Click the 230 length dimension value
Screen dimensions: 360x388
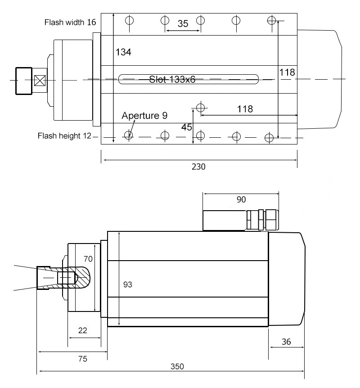[198, 167]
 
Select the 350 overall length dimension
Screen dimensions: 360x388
[177, 366]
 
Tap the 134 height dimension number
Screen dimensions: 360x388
[123, 52]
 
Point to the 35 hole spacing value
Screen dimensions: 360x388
[183, 23]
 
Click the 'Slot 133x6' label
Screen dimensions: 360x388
[172, 79]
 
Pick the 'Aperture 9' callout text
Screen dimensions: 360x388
[144, 116]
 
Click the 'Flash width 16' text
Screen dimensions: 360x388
[70, 22]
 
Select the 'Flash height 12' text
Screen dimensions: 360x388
[65, 135]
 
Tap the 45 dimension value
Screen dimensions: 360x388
[187, 127]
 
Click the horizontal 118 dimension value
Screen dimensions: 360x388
[245, 109]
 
